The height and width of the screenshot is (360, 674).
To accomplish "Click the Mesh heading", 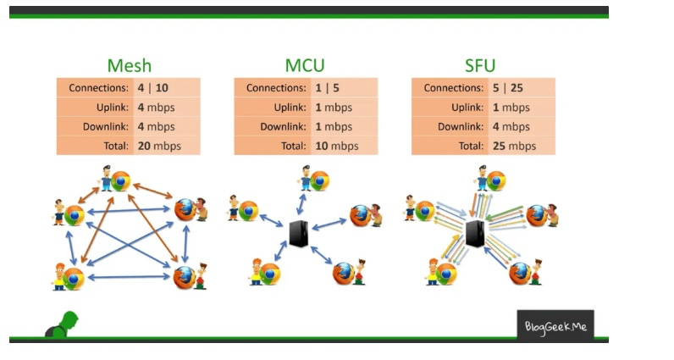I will [129, 66].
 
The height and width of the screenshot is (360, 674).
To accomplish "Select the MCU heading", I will [305, 66].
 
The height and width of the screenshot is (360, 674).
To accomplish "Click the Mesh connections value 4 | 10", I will [152, 88].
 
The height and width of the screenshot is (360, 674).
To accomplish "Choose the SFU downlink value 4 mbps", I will [511, 126].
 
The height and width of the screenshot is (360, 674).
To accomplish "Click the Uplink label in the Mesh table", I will [113, 108].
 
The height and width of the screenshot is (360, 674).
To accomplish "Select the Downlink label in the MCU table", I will [284, 126].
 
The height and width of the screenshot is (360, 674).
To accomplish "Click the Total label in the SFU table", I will [472, 146].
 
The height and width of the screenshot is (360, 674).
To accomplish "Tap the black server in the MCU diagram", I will [298, 232].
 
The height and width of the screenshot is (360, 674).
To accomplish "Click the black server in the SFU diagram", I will [475, 232].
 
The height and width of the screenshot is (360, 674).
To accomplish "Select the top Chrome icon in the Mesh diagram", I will [121, 180].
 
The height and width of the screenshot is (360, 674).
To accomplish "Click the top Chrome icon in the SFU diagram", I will [495, 180].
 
